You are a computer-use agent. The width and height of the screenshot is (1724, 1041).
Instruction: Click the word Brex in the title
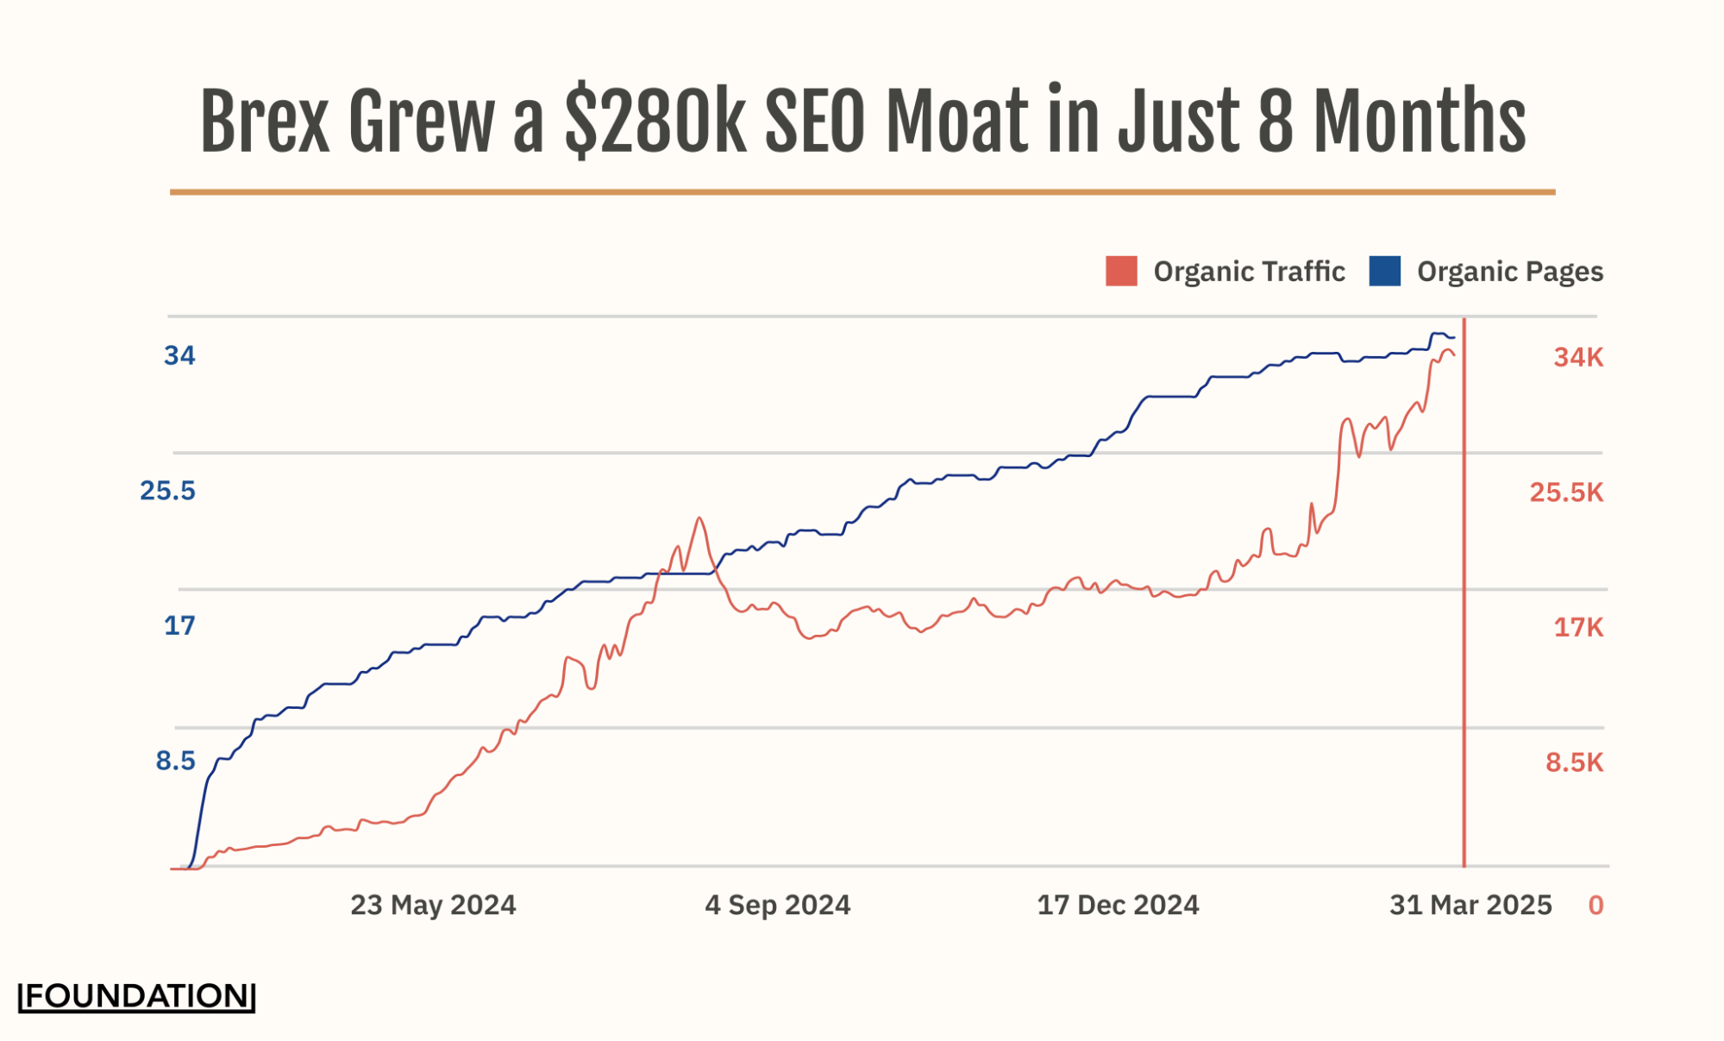coord(264,122)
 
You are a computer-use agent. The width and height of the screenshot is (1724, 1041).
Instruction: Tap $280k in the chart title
coord(655,122)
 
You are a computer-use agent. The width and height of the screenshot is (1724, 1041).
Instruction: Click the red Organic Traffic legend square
coord(1121,271)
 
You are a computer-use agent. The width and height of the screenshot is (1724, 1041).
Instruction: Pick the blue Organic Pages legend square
coord(1384,271)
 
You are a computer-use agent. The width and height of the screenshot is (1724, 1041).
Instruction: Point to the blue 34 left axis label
coord(179,355)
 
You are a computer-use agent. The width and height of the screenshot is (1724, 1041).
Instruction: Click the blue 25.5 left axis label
coord(167,491)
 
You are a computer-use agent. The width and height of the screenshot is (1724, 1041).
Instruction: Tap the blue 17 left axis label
coord(179,625)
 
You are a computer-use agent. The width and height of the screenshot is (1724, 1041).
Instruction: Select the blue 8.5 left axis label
coord(175,761)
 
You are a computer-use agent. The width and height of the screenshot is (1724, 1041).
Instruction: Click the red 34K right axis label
coord(1578,357)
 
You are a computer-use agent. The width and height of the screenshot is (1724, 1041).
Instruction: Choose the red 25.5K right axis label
coord(1566,492)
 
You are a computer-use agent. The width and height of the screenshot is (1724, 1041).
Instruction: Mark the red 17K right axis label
coord(1578,627)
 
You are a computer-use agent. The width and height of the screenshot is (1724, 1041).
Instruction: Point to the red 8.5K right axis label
coord(1574,762)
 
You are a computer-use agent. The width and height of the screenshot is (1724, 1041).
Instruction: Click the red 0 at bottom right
coord(1595,905)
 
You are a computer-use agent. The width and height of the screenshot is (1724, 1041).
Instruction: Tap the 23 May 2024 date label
coord(433,905)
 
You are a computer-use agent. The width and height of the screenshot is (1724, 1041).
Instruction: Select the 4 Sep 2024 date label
coord(777,905)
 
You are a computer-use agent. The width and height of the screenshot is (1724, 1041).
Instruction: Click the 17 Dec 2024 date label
coord(1118,905)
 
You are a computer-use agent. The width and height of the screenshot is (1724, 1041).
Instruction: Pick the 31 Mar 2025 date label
coord(1470,905)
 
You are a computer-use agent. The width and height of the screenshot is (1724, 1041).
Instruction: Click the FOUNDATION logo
coord(137,996)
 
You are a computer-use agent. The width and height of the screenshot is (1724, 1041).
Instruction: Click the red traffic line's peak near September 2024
coord(699,518)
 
